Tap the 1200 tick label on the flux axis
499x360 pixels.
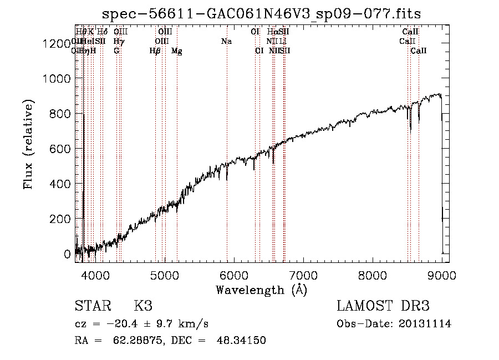[57, 44]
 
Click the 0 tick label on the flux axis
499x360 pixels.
[68, 254]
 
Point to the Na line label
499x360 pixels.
[226, 41]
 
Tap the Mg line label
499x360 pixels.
[176, 51]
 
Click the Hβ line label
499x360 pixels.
[155, 51]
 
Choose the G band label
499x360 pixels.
[116, 51]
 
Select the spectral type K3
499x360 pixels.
[142, 306]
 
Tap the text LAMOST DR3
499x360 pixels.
[383, 306]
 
